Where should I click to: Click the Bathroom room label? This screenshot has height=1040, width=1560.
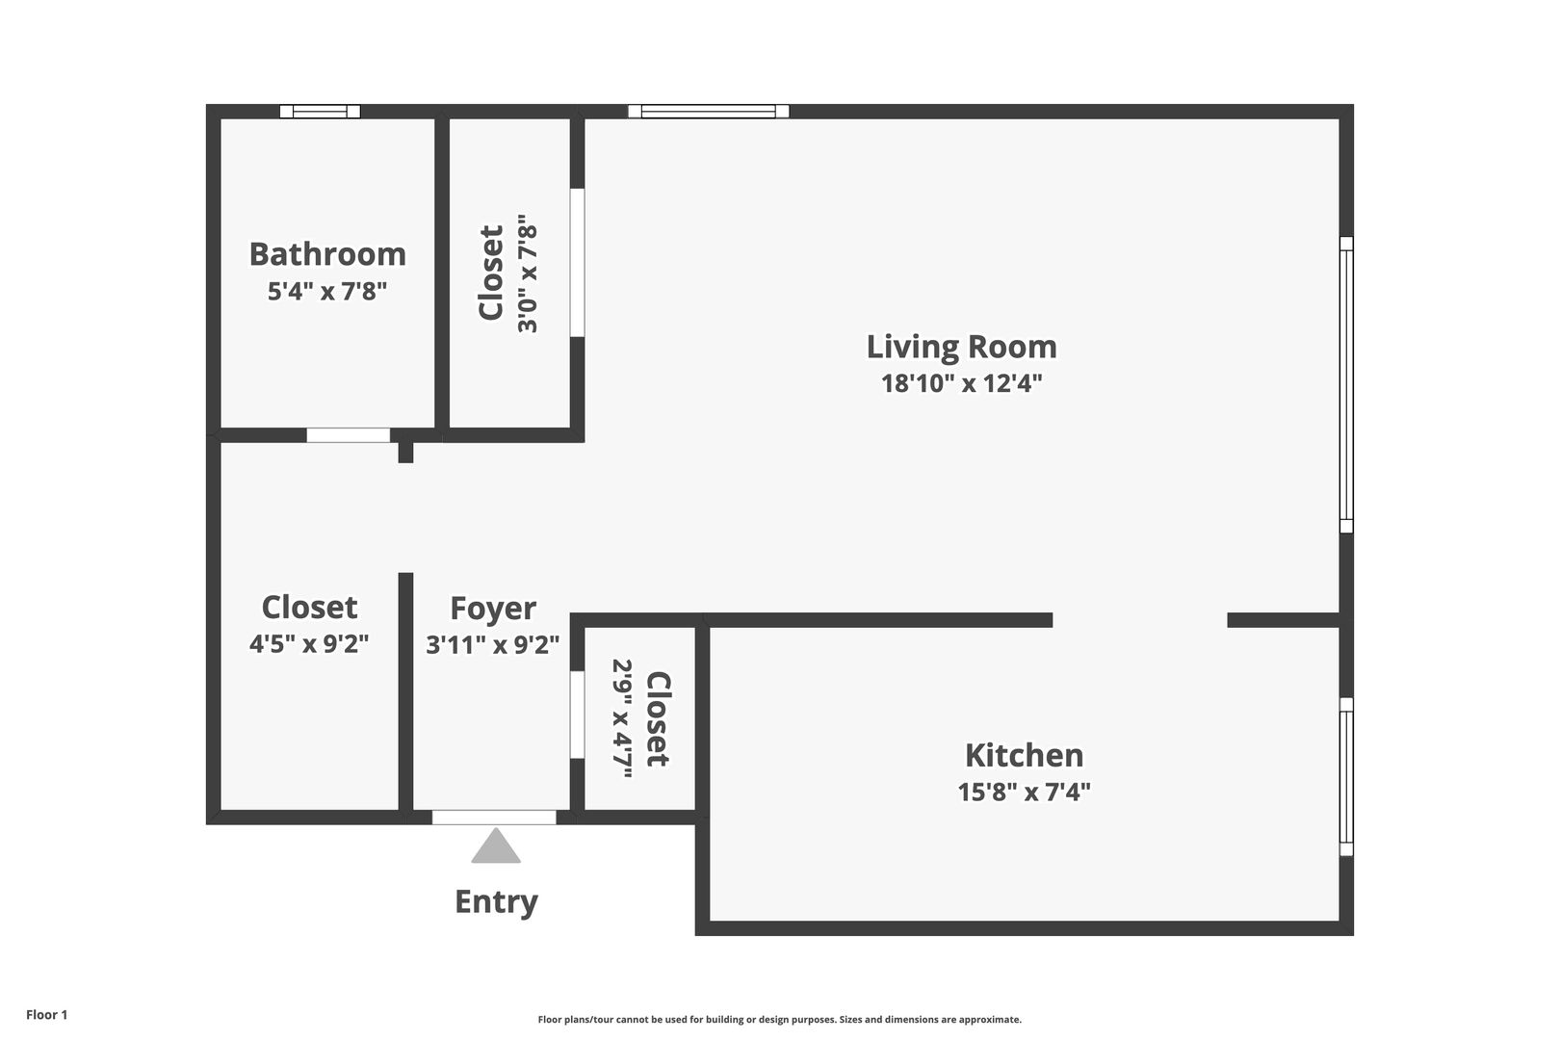point(327,253)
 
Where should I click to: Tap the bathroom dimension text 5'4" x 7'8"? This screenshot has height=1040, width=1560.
point(327,291)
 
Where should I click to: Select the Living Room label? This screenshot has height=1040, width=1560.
point(961,347)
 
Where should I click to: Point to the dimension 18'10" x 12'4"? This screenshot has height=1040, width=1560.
point(961,383)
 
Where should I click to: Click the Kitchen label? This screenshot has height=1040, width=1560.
point(1024,755)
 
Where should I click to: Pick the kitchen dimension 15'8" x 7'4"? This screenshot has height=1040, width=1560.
point(1024,792)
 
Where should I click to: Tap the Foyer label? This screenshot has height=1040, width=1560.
point(493,609)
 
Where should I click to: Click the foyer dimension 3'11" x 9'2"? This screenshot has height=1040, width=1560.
point(492,644)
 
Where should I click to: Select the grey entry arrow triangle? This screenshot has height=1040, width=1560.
point(496,845)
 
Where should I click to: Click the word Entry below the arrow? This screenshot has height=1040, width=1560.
point(496,902)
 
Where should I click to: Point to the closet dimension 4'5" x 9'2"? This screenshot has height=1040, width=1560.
point(309,643)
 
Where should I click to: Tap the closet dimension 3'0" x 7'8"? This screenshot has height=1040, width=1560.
point(528,273)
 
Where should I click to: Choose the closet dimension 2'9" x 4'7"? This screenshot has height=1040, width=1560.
point(622,718)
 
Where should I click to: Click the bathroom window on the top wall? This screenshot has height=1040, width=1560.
point(321,112)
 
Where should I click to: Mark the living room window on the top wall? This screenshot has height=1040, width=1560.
point(709,112)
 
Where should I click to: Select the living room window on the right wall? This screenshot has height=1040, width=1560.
point(1347,384)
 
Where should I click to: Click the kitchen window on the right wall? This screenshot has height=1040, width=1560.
point(1347,777)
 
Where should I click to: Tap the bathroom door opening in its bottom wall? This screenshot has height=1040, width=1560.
point(349,435)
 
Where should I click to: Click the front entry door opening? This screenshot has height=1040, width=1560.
point(494,818)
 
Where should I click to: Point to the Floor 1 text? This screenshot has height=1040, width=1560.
point(46,1015)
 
